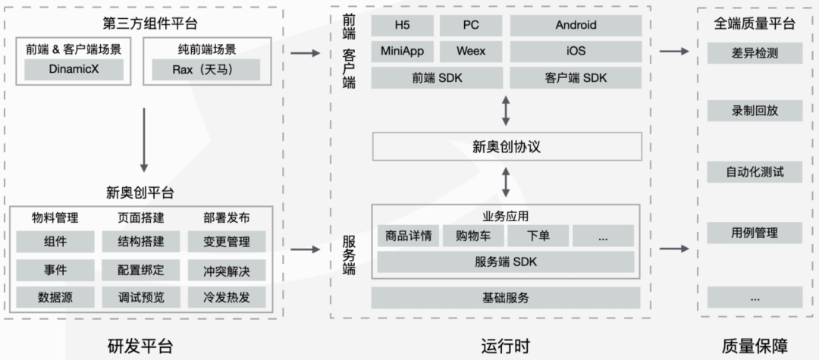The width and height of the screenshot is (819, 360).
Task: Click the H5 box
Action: (x=402, y=25)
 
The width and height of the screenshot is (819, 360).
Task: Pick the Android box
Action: (x=576, y=25)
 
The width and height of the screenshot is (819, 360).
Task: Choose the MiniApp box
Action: (x=402, y=52)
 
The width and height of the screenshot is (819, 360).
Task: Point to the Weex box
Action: (x=471, y=52)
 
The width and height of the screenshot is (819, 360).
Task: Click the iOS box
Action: (x=576, y=52)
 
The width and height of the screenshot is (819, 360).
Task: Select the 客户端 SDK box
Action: (x=576, y=78)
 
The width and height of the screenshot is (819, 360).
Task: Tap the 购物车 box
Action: (x=471, y=236)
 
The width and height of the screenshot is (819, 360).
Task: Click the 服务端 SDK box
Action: (x=506, y=262)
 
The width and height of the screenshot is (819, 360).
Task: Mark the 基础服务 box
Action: (x=506, y=297)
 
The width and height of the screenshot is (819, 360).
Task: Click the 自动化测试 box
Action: (x=755, y=171)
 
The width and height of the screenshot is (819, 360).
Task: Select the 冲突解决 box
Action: (x=227, y=270)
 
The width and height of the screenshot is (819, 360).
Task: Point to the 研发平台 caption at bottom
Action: (x=141, y=346)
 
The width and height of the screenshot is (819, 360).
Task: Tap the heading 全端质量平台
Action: (x=755, y=23)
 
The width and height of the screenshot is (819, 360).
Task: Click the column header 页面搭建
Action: (x=141, y=218)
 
